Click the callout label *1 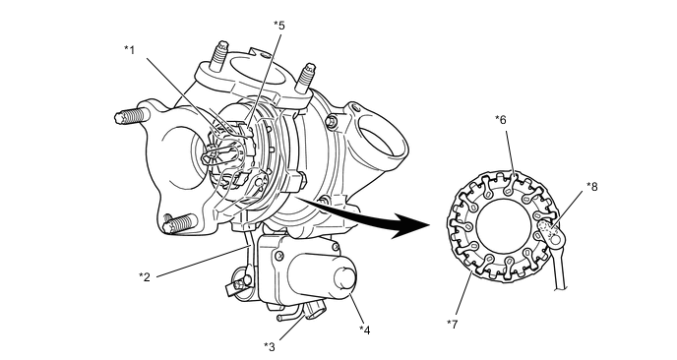click(x=130, y=50)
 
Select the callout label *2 click(x=145, y=276)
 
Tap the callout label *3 click(x=270, y=346)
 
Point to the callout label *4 click(x=365, y=330)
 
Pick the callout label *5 click(x=279, y=25)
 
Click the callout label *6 click(x=501, y=120)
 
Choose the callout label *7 click(x=452, y=325)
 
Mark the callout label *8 click(x=592, y=187)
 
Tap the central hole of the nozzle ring click(x=504, y=226)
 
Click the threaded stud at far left click(x=131, y=116)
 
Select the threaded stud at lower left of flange click(x=179, y=223)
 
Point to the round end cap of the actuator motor click(x=345, y=279)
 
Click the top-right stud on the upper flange click(x=307, y=78)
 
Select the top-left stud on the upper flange click(x=218, y=55)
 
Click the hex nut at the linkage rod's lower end click(x=238, y=284)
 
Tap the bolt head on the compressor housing click(x=332, y=122)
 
